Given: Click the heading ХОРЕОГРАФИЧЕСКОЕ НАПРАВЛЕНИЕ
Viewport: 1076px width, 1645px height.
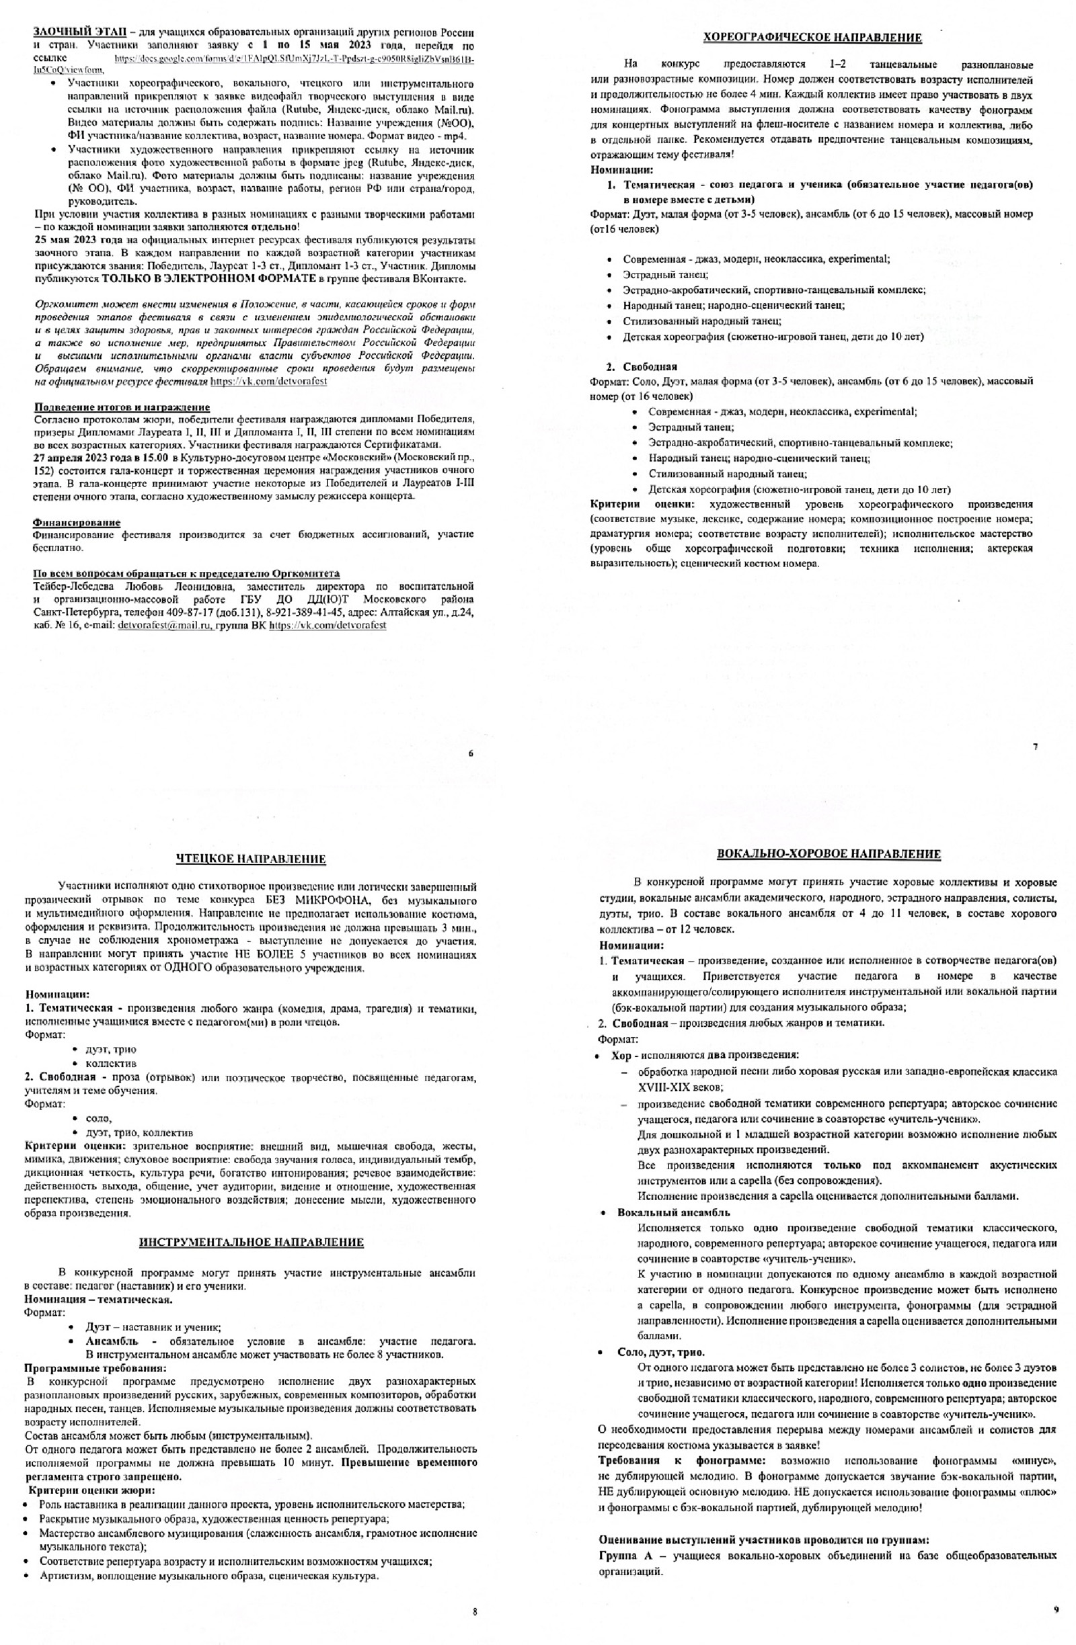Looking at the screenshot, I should tap(812, 38).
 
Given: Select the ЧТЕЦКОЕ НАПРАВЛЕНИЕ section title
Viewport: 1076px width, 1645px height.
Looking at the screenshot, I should tap(251, 859).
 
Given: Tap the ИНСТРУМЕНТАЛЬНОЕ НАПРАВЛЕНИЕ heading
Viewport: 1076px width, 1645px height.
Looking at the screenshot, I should tap(251, 1242).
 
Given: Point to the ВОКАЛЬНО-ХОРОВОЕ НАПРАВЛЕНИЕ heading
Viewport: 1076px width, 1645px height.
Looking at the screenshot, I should tap(829, 854).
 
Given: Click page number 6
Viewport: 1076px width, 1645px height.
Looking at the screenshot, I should tap(471, 753).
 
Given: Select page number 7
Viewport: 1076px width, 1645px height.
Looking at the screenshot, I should tap(1034, 747).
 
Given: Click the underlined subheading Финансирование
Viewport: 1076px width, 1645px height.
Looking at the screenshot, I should tap(76, 523).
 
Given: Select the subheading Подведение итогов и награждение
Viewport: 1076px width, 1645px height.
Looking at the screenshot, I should tap(122, 407).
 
